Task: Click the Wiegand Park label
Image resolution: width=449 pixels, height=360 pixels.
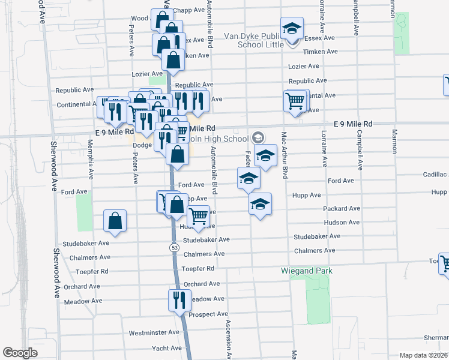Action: [x=307, y=271]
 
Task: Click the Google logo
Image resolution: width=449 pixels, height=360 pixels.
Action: [x=20, y=353]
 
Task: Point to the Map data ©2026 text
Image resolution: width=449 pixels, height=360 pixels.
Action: [x=424, y=355]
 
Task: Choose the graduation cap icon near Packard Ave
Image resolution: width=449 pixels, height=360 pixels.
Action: [x=260, y=205]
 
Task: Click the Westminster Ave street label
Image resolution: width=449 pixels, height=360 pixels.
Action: [x=154, y=332]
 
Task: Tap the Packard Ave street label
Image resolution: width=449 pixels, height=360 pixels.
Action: [x=342, y=208]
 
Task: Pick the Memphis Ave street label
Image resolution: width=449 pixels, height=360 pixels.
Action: [x=91, y=165]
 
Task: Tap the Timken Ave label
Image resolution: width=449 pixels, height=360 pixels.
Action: [x=318, y=52]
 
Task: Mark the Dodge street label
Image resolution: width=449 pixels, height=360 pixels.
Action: [x=142, y=145]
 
